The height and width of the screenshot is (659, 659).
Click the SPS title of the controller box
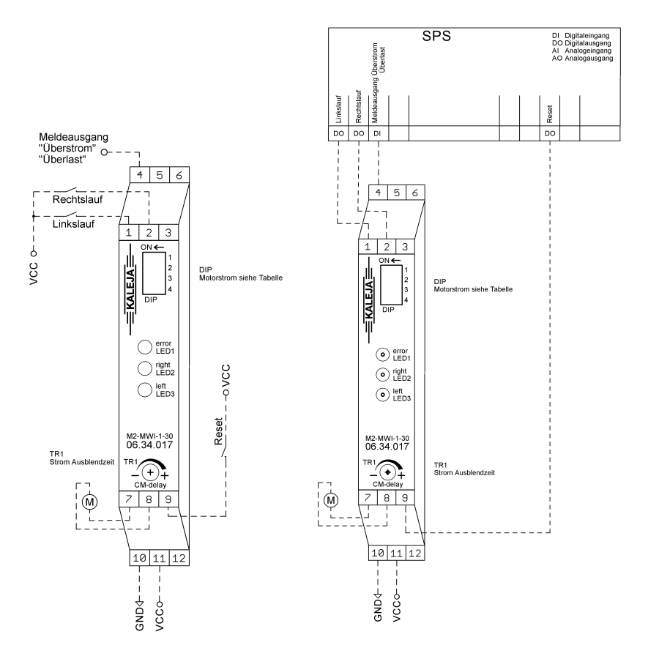click(x=436, y=36)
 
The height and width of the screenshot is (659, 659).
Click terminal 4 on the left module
click(x=140, y=175)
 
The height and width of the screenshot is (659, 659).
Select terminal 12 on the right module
click(x=415, y=553)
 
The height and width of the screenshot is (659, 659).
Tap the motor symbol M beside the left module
click(x=89, y=502)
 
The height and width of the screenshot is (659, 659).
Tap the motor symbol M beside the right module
click(x=331, y=500)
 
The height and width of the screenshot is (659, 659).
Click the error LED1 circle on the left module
click(x=144, y=347)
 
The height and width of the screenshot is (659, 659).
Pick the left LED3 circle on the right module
click(x=382, y=395)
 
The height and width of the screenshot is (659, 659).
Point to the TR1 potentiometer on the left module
click(x=150, y=472)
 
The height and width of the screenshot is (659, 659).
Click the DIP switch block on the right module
click(x=391, y=285)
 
